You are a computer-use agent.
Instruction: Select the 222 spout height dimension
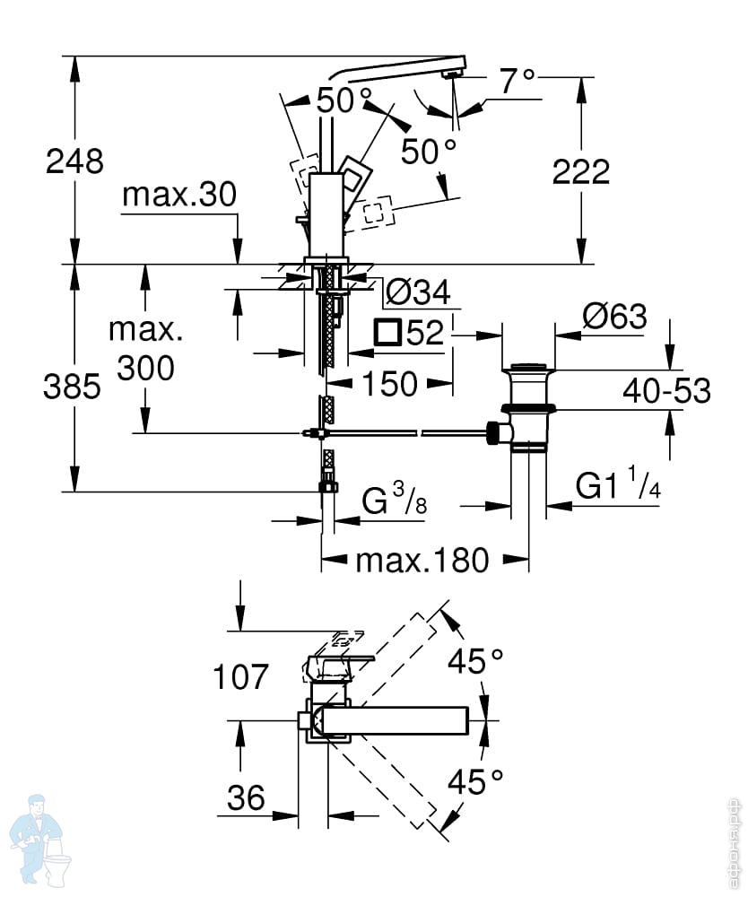pyautogui.click(x=580, y=171)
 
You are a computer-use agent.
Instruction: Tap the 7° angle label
pyautogui.click(x=518, y=83)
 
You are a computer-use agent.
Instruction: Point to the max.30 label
pyautogui.click(x=178, y=195)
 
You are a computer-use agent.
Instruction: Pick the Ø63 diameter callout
pyautogui.click(x=614, y=317)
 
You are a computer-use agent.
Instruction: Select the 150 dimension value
pyautogui.click(x=390, y=384)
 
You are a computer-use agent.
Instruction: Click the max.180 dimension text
pyautogui.click(x=422, y=562)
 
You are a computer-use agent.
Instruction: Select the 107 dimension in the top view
pyautogui.click(x=241, y=676)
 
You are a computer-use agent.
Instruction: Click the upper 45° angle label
pyautogui.click(x=476, y=663)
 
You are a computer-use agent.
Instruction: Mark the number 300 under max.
pyautogui.click(x=146, y=368)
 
